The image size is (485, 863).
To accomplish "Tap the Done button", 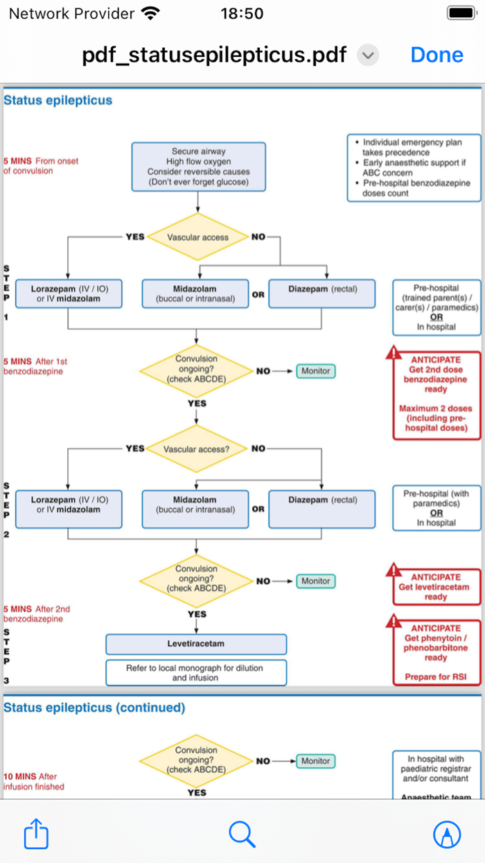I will tap(436, 55).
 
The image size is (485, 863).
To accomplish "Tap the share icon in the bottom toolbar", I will tap(36, 834).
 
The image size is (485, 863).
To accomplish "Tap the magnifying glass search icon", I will tap(242, 834).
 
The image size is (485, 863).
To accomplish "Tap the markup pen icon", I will tap(447, 834).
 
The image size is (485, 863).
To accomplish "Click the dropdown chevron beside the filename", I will tap(368, 55).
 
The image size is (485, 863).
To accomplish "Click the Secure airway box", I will tap(198, 166).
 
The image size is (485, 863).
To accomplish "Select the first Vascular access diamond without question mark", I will tap(197, 237).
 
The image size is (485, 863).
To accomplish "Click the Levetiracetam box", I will tap(195, 644).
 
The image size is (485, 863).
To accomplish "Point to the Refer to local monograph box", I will tap(195, 672).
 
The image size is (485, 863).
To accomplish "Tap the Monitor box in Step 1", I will tap(315, 371).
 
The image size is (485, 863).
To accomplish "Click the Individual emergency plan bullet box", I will tap(414, 168).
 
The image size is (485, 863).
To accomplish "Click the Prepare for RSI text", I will tap(436, 676).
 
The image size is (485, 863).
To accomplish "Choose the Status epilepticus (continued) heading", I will tap(94, 708).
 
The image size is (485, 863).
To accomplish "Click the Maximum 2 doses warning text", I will tap(436, 418).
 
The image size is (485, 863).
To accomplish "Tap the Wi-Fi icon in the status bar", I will tap(149, 13).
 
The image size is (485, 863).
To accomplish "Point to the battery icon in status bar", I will tap(461, 13).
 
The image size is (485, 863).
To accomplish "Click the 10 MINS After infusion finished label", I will tap(35, 781).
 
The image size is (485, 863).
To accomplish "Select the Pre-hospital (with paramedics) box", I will tap(436, 509).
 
